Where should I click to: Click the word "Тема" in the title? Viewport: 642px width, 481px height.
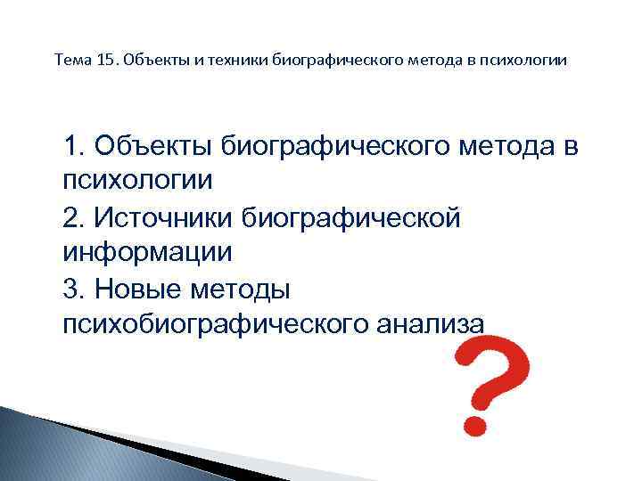(x=71, y=61)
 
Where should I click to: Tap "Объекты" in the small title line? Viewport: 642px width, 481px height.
(x=151, y=61)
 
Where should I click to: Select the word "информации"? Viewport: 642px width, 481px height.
(x=147, y=252)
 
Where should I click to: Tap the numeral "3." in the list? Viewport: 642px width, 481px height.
(x=74, y=288)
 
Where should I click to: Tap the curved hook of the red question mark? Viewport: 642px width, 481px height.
(x=496, y=361)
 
